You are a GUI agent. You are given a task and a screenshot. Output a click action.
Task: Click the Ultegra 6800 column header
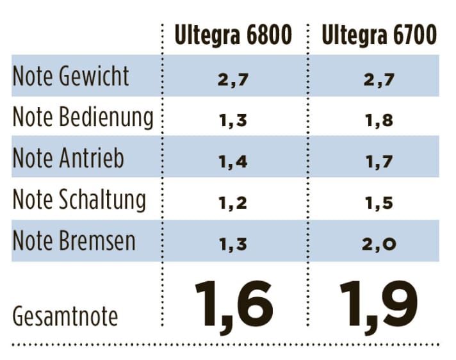point(234,35)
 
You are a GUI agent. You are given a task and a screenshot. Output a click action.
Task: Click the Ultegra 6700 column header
point(380,35)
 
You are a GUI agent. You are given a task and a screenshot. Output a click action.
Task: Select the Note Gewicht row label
point(71,76)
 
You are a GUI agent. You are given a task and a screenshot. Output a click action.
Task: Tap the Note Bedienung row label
point(83,118)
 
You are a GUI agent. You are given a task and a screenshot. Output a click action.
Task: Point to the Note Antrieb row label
point(69,160)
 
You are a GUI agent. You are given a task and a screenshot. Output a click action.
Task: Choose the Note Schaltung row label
point(79,200)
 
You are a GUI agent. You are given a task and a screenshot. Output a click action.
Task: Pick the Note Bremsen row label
point(74,241)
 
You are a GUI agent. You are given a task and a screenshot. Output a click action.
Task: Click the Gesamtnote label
point(65,317)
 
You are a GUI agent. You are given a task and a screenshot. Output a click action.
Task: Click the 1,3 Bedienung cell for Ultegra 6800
point(233,120)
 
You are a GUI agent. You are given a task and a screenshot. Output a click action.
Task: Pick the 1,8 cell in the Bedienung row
point(379,120)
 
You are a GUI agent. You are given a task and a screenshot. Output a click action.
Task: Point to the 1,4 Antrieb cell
point(233,162)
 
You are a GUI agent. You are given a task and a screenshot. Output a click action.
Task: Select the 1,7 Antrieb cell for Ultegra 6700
point(379,162)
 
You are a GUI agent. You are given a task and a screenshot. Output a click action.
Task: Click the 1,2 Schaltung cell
point(233,203)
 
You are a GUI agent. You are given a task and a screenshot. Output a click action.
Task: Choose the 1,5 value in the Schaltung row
point(379,203)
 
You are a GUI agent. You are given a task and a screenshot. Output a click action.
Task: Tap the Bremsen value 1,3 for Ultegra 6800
point(233,244)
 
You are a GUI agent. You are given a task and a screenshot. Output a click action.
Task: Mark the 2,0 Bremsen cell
point(379,244)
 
